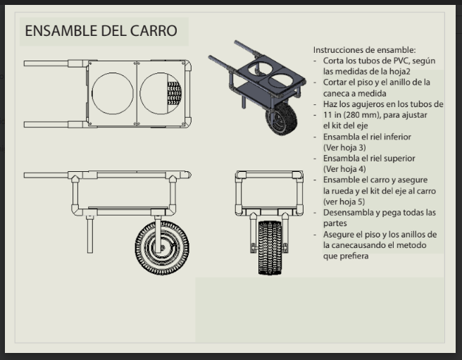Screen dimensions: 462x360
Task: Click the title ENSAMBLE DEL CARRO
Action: pyautogui.click(x=101, y=31)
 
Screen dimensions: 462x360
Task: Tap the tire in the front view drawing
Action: pyautogui.click(x=270, y=248)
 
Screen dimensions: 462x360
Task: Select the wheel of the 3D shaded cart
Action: pyautogui.click(x=282, y=118)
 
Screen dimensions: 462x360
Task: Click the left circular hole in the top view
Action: pyautogui.click(x=112, y=94)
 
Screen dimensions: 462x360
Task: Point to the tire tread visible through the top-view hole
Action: pyautogui.click(x=174, y=94)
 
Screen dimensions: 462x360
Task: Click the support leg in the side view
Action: pyautogui.click(x=90, y=235)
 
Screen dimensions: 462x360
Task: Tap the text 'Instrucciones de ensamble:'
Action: pyautogui.click(x=365, y=50)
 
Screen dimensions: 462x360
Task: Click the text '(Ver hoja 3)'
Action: pyautogui.click(x=344, y=147)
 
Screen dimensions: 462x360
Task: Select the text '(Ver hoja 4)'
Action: pyautogui.click(x=344, y=169)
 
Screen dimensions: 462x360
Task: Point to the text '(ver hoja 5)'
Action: pyautogui.click(x=344, y=201)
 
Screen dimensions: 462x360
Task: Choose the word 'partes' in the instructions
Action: pyautogui.click(x=335, y=223)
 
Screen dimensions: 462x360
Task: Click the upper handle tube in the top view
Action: pyautogui.click(x=46, y=63)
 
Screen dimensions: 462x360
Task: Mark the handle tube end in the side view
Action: pyautogui.click(x=25, y=175)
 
